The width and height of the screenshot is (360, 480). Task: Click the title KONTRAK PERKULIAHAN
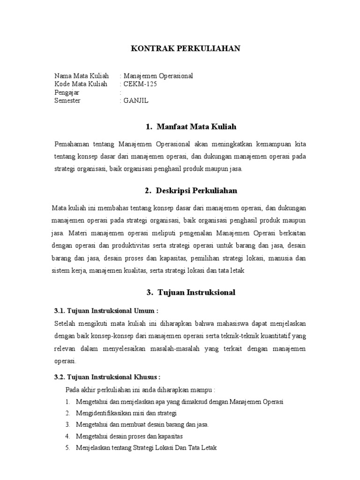[185, 49]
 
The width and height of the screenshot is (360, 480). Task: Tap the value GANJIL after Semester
[135, 101]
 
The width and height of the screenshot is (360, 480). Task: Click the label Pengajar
[67, 92]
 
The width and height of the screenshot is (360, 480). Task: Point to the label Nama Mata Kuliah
[82, 75]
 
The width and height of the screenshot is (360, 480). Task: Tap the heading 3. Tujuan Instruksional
[191, 292]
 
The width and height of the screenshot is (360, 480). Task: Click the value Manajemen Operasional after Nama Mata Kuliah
[158, 75]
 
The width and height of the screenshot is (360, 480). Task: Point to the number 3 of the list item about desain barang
[68, 424]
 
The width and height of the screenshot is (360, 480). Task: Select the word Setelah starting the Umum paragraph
[66, 323]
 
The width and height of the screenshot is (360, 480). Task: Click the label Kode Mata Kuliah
[81, 84]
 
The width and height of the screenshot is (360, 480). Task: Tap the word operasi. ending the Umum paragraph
[65, 361]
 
